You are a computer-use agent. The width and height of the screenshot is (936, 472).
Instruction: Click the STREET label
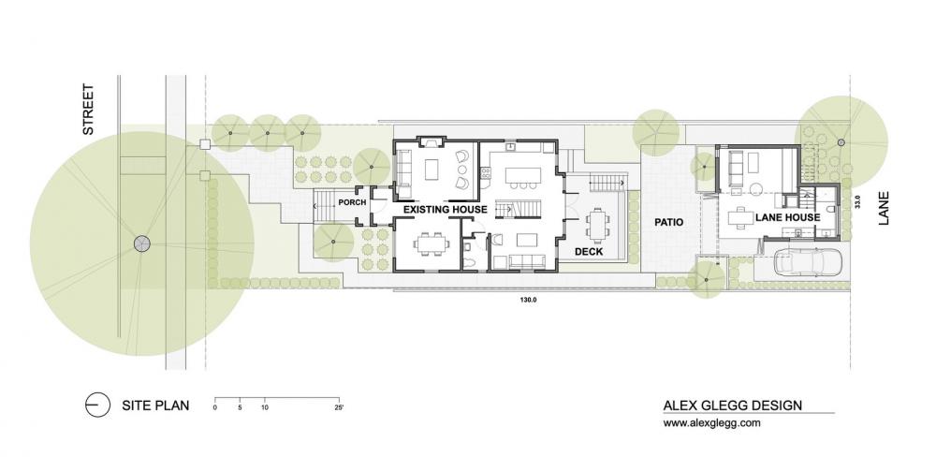89,111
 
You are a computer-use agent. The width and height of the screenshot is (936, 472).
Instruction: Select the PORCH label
352,203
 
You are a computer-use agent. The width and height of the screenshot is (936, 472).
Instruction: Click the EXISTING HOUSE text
445,210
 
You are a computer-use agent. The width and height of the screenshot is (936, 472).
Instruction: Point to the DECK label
587,251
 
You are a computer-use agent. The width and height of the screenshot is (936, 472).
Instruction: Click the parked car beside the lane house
807,263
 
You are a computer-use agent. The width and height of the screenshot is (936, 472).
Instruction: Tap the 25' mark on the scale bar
338,408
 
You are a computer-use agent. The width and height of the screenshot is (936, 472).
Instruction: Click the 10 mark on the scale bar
265,408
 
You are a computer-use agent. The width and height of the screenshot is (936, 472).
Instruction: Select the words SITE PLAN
155,406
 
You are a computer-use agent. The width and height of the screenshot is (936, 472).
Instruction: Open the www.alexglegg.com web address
711,423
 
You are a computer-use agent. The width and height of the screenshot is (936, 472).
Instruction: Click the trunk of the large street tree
141,243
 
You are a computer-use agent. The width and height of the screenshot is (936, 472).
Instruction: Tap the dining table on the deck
596,223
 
